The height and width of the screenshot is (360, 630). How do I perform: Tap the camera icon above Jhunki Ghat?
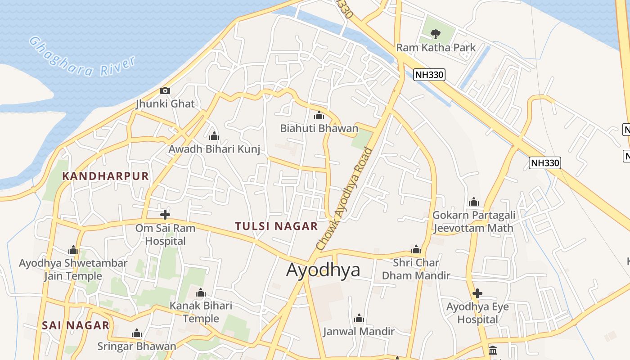(165, 91)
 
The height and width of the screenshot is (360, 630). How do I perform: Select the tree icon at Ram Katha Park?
(435, 34)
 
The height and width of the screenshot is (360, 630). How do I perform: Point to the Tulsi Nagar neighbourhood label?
(276, 226)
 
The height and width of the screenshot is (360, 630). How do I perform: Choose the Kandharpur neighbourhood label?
(105, 176)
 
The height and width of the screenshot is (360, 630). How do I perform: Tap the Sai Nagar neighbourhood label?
(76, 325)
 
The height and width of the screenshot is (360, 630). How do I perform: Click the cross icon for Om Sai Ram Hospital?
(165, 215)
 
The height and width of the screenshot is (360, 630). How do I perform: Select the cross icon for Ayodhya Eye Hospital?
(477, 294)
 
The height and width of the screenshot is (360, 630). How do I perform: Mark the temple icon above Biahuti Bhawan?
(319, 115)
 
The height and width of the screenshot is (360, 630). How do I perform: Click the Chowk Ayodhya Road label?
(345, 198)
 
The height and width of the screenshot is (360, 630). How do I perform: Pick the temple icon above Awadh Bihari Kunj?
(214, 136)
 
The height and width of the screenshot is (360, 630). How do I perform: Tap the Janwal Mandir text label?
(359, 332)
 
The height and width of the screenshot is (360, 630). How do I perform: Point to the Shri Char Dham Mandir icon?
(416, 249)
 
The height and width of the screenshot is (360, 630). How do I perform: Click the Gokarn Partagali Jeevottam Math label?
(473, 221)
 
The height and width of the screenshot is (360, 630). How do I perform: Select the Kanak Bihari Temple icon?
(201, 293)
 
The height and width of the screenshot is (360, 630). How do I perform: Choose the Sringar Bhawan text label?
(137, 346)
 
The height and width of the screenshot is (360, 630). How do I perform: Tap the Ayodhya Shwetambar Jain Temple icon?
(73, 250)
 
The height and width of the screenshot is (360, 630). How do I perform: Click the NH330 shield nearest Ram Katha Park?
(429, 75)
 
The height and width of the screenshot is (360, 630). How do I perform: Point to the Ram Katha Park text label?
(436, 47)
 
